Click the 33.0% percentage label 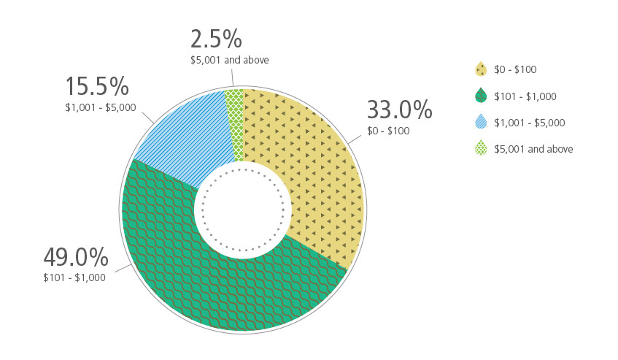click(x=399, y=110)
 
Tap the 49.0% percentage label click(x=76, y=257)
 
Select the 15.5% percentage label click(x=97, y=86)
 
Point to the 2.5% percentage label click(x=216, y=38)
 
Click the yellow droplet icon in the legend click(x=480, y=69)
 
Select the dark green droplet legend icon click(x=480, y=96)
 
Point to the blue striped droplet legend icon click(x=480, y=122)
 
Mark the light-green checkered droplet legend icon click(x=480, y=148)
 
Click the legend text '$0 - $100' click(x=515, y=69)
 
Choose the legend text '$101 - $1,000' click(x=525, y=96)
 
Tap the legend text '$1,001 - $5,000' click(x=530, y=123)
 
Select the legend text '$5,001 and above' click(x=533, y=149)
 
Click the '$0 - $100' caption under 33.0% click(x=388, y=131)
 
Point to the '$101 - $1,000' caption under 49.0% click(x=74, y=277)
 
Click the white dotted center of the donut click(x=243, y=210)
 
